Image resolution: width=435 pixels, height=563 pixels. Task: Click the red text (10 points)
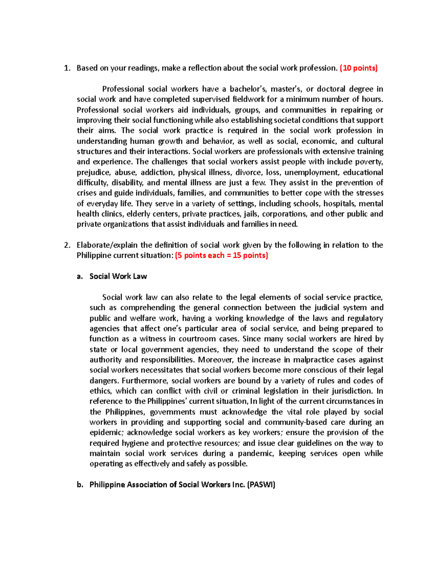[x=358, y=68]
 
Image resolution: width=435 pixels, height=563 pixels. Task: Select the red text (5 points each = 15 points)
[x=221, y=256]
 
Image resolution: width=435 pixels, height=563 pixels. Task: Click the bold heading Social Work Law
[x=118, y=277]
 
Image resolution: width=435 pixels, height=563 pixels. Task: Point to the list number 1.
[x=66, y=68]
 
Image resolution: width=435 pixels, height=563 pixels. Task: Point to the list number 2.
[x=66, y=245]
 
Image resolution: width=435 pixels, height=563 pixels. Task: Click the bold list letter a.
[x=79, y=277]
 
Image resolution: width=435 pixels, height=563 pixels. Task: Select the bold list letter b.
[x=79, y=485]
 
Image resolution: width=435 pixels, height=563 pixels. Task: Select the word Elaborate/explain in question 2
[x=107, y=245]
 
